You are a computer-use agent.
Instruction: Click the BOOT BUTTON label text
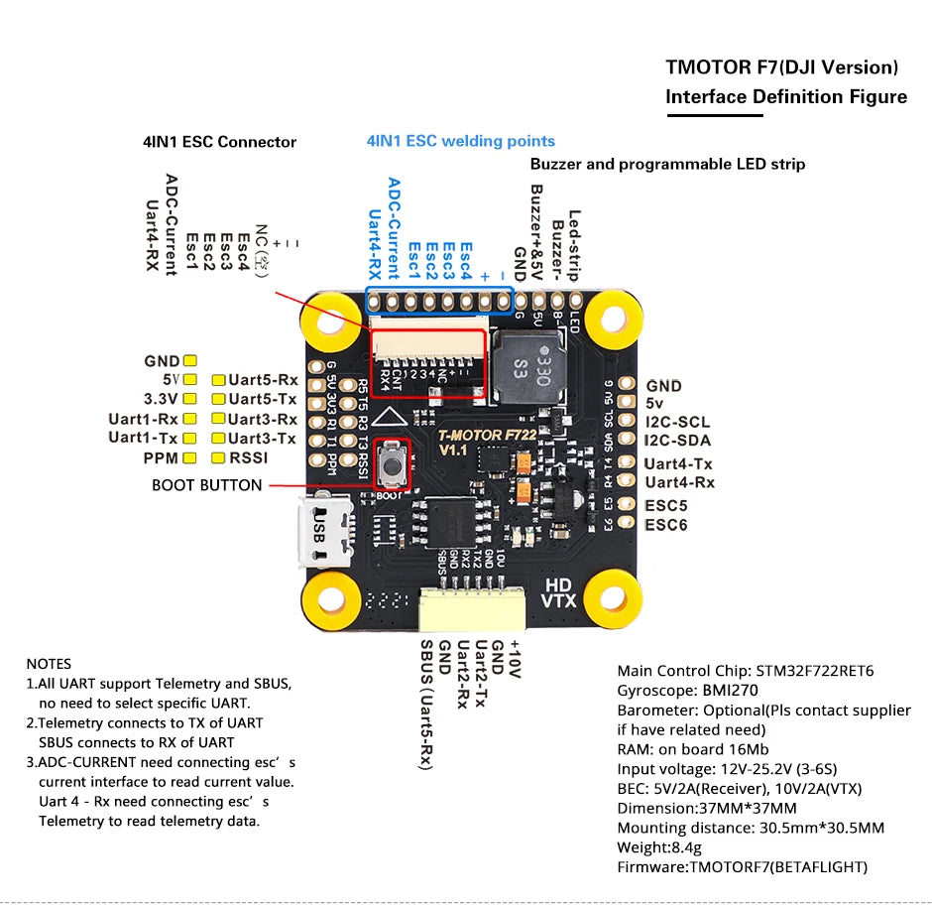(206, 485)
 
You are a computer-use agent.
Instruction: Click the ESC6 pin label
(666, 525)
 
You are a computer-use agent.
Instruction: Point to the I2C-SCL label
(677, 423)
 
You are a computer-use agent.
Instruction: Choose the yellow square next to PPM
(190, 457)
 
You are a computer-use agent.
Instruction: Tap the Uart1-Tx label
(143, 438)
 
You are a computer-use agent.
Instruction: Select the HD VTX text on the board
(558, 592)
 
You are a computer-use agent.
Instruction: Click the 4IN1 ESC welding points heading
(461, 141)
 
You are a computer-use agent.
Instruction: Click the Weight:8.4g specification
(659, 847)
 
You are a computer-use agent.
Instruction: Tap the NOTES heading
(49, 663)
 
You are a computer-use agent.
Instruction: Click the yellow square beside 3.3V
(190, 400)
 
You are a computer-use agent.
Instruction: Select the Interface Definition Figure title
(785, 96)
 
